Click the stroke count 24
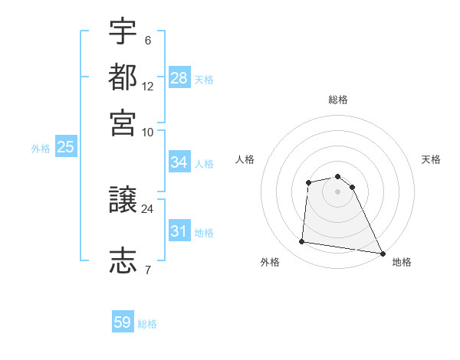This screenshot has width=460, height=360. click(148, 208)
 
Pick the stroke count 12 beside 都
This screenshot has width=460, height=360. click(148, 87)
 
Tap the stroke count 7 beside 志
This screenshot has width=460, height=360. click(148, 269)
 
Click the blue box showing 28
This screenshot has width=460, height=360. click(179, 78)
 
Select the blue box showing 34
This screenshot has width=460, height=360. click(179, 162)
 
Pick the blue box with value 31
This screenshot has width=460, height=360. click(179, 231)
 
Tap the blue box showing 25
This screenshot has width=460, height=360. click(65, 148)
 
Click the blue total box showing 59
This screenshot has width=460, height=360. click(123, 322)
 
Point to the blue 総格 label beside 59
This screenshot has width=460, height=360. click(147, 324)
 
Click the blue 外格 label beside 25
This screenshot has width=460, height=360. click(41, 149)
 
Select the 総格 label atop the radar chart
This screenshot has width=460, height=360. click(338, 100)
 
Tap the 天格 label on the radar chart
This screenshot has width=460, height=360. click(432, 159)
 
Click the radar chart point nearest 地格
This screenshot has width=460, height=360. click(383, 253)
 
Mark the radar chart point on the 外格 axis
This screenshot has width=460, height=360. click(302, 242)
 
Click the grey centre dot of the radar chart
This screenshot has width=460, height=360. click(338, 191)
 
